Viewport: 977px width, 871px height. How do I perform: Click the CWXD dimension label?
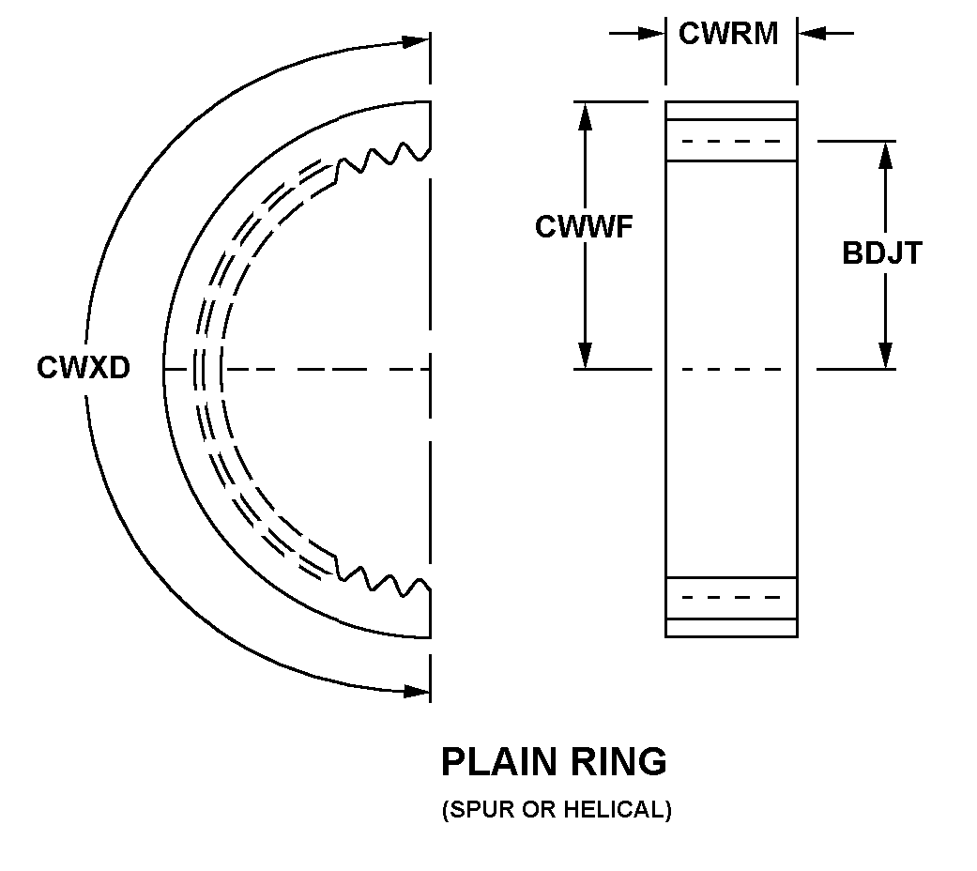tap(84, 368)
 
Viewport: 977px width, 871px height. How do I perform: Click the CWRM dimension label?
tap(729, 34)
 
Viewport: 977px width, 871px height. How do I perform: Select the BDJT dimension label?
tap(882, 253)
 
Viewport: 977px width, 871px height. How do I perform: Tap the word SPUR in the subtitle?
tap(471, 810)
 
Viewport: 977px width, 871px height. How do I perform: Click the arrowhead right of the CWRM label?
tap(812, 34)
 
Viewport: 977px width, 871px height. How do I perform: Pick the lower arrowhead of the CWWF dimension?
tap(585, 355)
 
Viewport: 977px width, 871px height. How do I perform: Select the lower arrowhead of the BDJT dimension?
tap(884, 355)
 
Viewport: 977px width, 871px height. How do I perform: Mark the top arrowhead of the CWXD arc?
tap(414, 41)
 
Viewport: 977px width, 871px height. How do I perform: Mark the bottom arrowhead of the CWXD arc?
tap(414, 692)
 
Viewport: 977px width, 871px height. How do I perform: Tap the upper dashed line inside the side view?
tap(731, 142)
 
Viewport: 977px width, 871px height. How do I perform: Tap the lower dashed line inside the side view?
tap(731, 597)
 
